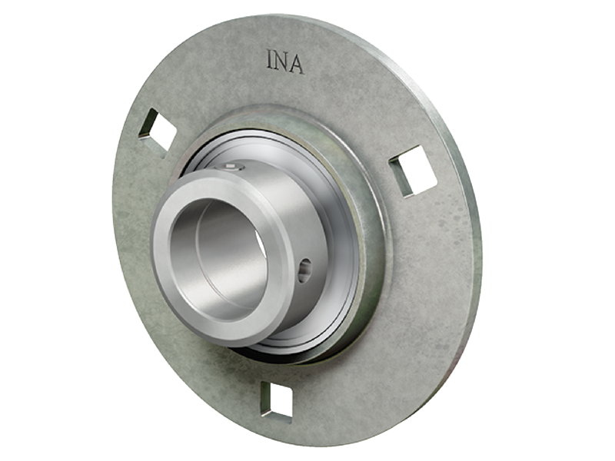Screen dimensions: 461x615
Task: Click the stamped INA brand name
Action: (x=284, y=62)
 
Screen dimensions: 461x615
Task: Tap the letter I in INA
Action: (x=270, y=61)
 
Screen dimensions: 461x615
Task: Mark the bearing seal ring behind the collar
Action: (x=338, y=230)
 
